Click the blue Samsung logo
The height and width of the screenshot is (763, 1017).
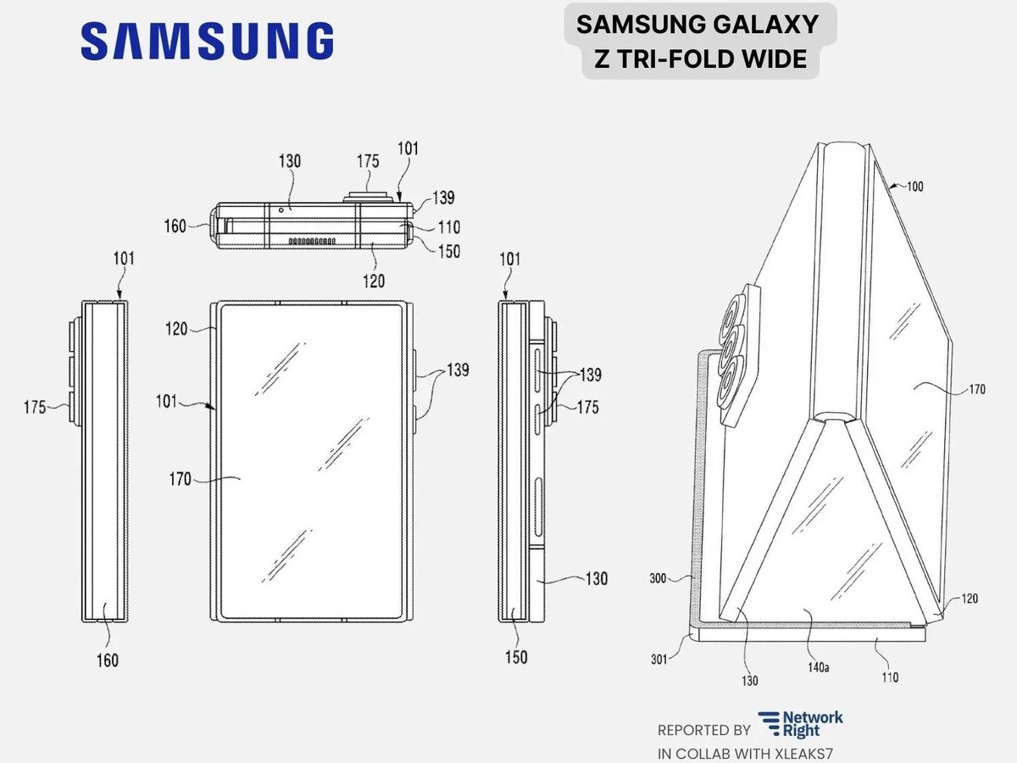[x=207, y=41]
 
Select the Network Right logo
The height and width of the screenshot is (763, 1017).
[x=800, y=723]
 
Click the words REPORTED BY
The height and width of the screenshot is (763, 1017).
[x=703, y=730]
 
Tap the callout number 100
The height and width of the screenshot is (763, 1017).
[x=914, y=187]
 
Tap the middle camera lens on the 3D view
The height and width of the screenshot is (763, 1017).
[x=732, y=345]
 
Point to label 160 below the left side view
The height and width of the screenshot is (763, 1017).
[x=107, y=660]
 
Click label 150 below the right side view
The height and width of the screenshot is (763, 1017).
[x=515, y=656]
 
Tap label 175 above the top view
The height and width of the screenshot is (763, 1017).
[x=367, y=161]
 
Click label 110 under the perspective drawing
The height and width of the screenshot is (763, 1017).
[x=889, y=677]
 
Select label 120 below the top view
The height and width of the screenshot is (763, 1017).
[x=374, y=281]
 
